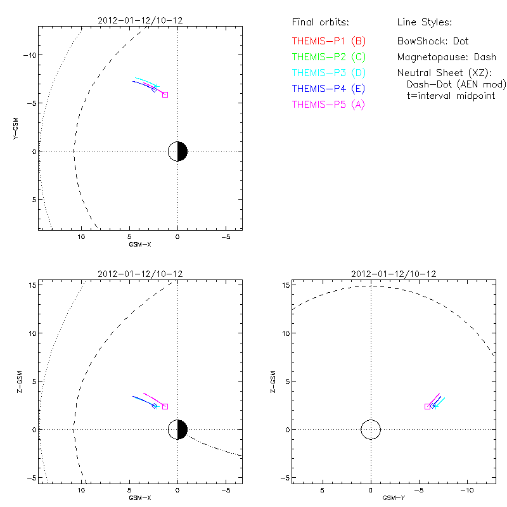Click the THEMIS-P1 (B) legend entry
[x=328, y=41]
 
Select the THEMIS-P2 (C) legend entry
[x=328, y=57]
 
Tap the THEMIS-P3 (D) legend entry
[x=328, y=73]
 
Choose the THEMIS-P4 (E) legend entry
[x=328, y=89]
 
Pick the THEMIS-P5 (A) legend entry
[x=328, y=105]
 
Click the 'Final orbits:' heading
[x=320, y=23]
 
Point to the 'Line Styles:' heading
[x=424, y=23]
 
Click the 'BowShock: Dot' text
[x=433, y=41]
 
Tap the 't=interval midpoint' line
[x=450, y=96]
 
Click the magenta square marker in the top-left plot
[x=165, y=94]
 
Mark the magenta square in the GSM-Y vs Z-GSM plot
[x=427, y=406]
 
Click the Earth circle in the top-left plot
[x=177, y=151]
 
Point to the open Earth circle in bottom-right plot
[x=371, y=430]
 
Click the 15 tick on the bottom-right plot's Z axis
[x=286, y=285]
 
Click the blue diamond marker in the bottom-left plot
[x=154, y=406]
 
